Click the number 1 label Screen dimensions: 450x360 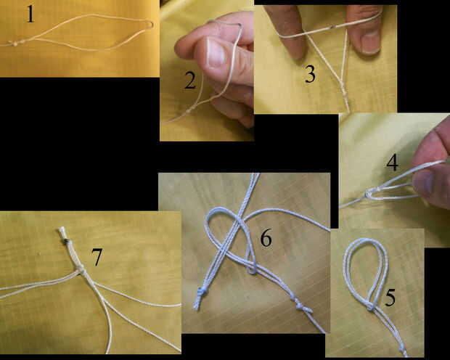[30, 14]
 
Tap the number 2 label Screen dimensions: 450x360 [190, 80]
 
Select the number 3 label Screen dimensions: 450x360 [310, 74]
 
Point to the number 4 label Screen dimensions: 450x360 [393, 162]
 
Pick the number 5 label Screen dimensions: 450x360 [390, 297]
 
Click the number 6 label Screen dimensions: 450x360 [266, 238]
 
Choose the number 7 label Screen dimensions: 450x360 [97, 257]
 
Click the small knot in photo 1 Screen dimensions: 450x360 [15, 44]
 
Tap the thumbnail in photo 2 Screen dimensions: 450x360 [215, 52]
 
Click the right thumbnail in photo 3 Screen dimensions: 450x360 [370, 42]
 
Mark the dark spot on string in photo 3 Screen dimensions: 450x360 [333, 27]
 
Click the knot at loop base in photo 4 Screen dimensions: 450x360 [369, 193]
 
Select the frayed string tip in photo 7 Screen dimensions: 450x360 [62, 231]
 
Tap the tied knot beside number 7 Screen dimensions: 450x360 [80, 270]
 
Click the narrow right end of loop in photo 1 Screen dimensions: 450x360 [150, 25]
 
